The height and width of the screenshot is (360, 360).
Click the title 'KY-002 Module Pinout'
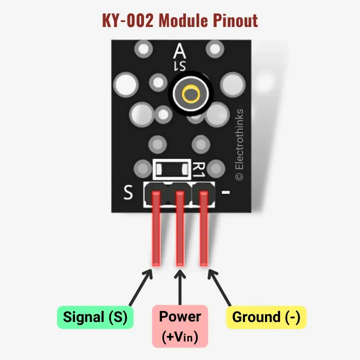pyautogui.click(x=180, y=20)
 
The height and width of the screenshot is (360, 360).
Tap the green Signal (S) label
pyautogui.click(x=95, y=317)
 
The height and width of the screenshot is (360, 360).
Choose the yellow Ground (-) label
pyautogui.click(x=266, y=317)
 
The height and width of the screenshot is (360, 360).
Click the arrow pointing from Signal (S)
pyautogui.click(x=140, y=288)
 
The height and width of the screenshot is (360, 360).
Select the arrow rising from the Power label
pyautogui.click(x=179, y=287)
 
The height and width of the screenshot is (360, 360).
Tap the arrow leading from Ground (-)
pyautogui.click(x=219, y=288)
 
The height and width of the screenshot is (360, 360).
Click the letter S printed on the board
pyautogui.click(x=128, y=192)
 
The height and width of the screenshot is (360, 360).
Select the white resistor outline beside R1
pyautogui.click(x=172, y=169)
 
